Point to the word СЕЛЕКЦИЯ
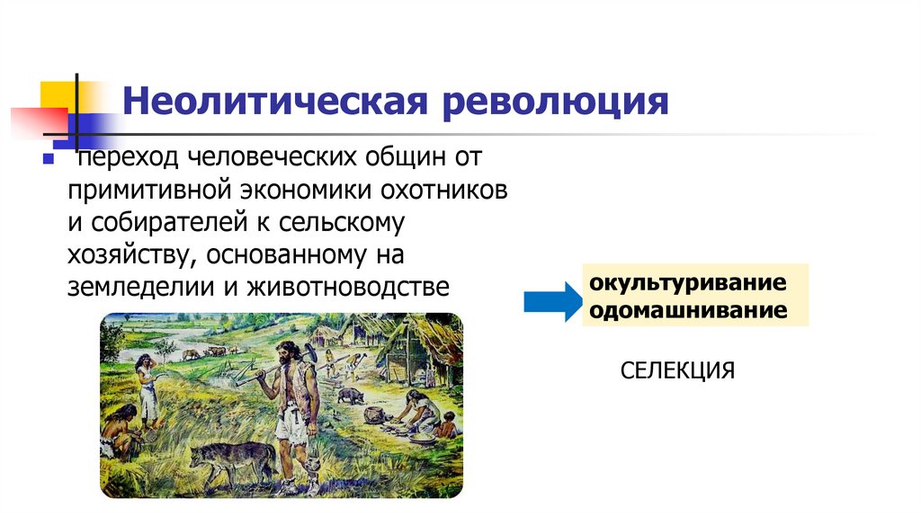(x=677, y=369)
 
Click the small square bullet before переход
(x=49, y=159)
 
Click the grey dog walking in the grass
(x=231, y=458)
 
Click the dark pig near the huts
(x=351, y=395)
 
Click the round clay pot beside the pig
(x=371, y=414)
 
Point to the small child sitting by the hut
(x=447, y=423)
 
